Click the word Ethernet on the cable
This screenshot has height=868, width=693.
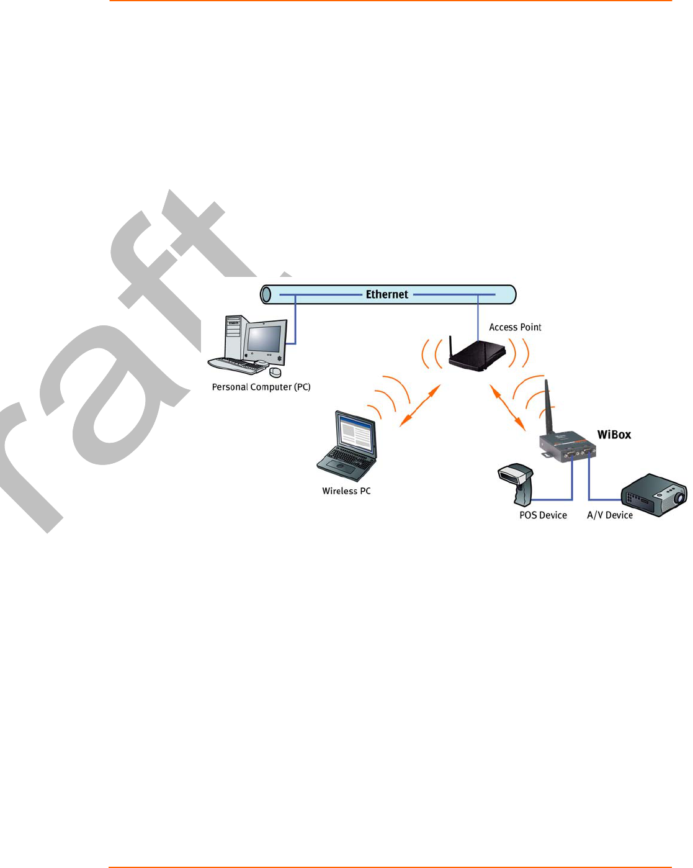click(387, 294)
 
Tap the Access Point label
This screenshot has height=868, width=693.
click(515, 327)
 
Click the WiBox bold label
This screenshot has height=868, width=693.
click(614, 435)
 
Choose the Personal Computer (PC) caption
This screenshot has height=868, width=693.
click(261, 387)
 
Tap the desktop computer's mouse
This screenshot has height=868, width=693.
click(275, 372)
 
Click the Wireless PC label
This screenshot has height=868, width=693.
click(346, 491)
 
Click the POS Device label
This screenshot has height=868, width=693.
click(543, 515)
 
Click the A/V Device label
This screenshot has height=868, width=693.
click(610, 515)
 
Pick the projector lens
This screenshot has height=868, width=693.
click(679, 497)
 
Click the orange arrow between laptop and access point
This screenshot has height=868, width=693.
click(420, 405)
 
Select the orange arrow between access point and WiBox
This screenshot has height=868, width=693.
click(507, 407)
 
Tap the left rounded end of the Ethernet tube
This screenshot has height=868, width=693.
click(266, 294)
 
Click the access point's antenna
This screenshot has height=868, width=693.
click(452, 348)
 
